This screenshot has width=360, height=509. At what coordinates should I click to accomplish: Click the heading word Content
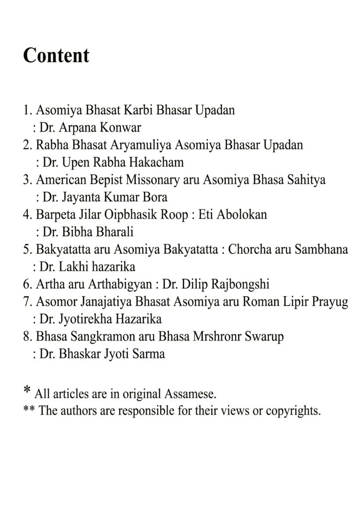click(56, 55)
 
